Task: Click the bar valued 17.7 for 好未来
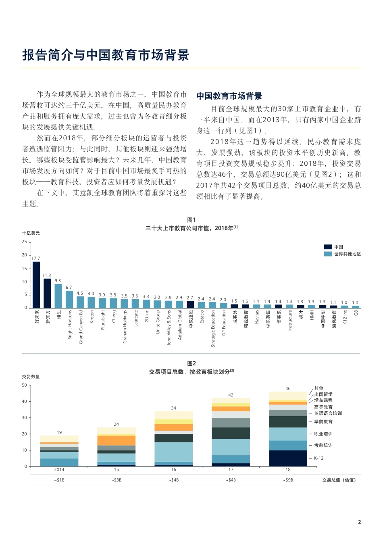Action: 36,285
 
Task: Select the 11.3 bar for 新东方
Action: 48,293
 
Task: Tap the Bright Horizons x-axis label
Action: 70,324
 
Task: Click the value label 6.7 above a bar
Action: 69,288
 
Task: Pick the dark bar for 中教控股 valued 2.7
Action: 191,304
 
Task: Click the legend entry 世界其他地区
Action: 347,254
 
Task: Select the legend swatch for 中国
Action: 328,247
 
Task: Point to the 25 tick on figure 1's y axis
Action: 25,242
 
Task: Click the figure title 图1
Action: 191,220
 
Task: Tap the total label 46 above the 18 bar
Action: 288,388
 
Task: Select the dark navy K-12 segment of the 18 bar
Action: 288,458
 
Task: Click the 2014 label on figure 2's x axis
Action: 59,469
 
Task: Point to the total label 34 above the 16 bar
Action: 173,408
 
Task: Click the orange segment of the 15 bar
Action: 116,440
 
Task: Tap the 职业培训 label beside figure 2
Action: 323,434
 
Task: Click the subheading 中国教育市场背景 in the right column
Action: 229,96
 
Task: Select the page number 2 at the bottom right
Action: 359,522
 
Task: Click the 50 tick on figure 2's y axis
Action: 25,385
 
